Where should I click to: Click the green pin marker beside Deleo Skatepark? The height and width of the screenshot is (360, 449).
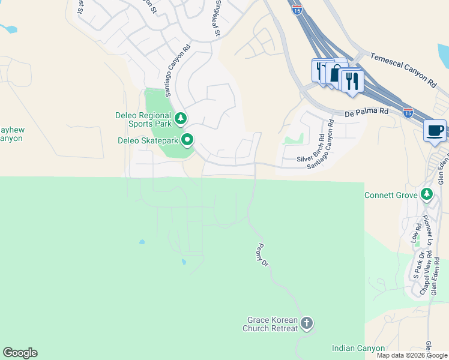(x=187, y=140)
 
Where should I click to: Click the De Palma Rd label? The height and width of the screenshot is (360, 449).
(x=367, y=112)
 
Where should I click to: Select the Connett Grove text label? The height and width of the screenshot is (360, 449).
(x=391, y=195)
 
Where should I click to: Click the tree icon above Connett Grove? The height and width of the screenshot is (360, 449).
(x=426, y=194)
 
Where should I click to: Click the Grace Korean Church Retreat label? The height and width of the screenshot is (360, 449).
(x=272, y=325)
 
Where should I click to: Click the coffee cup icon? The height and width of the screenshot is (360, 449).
(x=434, y=130)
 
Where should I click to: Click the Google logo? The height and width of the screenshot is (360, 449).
(x=20, y=353)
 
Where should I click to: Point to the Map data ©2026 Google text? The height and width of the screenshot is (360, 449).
(x=412, y=355)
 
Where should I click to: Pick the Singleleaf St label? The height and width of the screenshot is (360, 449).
(x=217, y=18)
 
